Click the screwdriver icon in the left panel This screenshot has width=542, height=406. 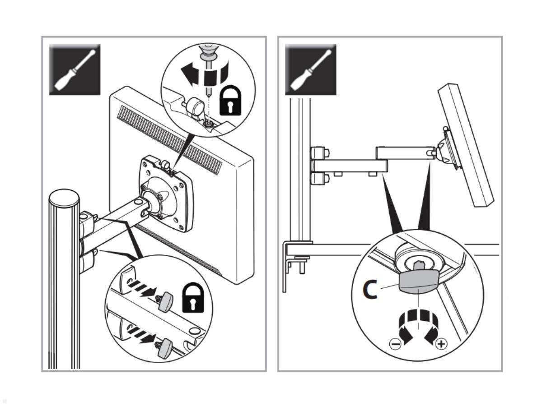point(75,69)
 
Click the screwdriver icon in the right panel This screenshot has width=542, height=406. point(310,69)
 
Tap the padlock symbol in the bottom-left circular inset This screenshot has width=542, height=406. point(193,297)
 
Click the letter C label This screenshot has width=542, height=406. point(370,290)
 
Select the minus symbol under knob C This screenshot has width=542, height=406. point(395,345)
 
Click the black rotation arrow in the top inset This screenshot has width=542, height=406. point(191,73)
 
